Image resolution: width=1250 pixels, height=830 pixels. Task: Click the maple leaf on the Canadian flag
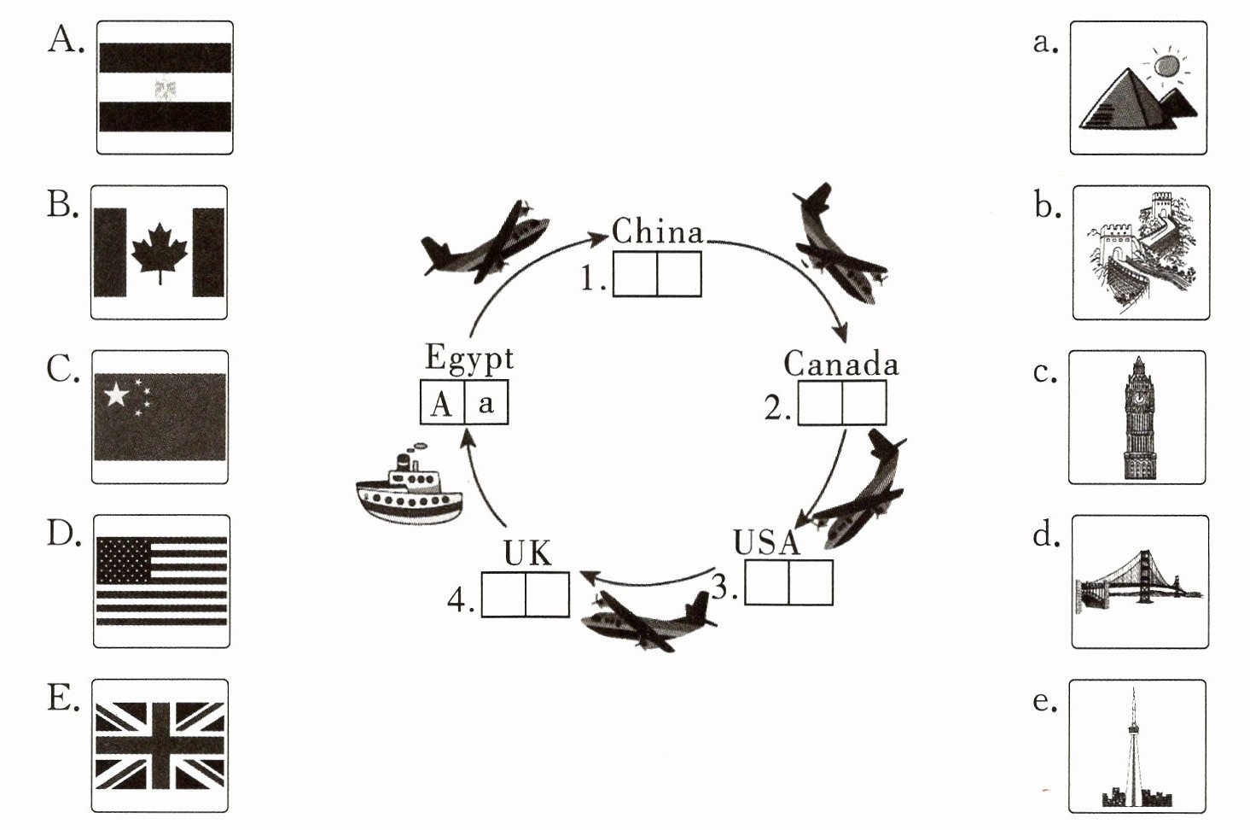pos(160,253)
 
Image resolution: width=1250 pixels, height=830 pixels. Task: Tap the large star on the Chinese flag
pos(116,395)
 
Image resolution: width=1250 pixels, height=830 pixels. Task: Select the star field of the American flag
pos(124,559)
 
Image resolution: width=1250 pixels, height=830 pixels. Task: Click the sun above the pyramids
pos(1166,67)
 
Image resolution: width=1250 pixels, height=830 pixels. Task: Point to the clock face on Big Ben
pos(1138,398)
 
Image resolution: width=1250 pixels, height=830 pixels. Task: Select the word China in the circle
pos(657,231)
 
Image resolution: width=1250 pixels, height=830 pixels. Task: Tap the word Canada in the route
pos(841,363)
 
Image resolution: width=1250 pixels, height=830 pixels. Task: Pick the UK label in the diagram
pos(527,553)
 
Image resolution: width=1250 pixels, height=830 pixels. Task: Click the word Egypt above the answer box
pos(468,358)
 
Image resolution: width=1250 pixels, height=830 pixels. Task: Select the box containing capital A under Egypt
pos(443,402)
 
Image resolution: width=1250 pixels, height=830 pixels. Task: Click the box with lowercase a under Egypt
pos(486,402)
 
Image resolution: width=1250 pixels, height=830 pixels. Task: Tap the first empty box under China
pos(635,274)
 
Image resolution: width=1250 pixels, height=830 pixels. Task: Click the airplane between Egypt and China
pos(485,242)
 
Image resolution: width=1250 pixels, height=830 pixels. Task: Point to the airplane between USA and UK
pos(648,621)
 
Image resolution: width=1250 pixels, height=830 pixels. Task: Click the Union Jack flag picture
pos(160,745)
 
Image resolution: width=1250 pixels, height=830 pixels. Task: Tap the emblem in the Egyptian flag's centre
pos(166,88)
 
